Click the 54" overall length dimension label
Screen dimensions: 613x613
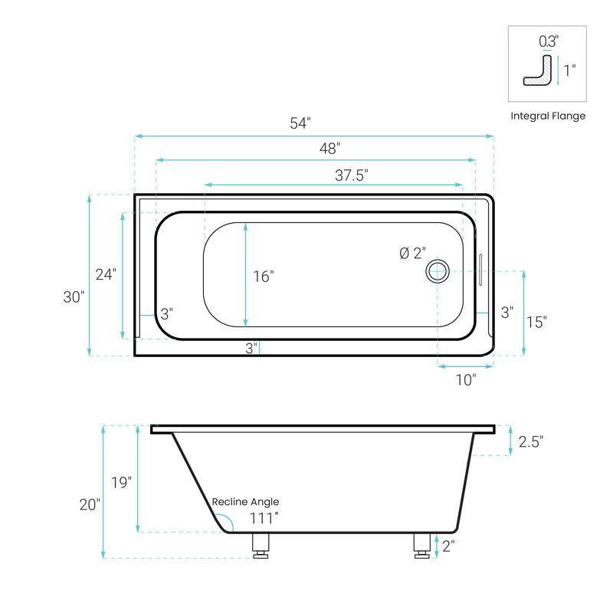point(300,123)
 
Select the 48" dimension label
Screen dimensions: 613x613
point(329,149)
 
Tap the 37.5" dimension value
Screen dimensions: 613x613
point(352,175)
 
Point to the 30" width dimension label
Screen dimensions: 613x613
point(74,297)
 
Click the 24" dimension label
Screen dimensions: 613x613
point(106,274)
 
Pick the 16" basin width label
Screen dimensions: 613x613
point(263,277)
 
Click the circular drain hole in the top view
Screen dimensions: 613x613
point(437,271)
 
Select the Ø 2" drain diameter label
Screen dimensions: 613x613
point(412,254)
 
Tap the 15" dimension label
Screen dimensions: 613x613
point(536,322)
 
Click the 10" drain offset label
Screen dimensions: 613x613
point(466,379)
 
